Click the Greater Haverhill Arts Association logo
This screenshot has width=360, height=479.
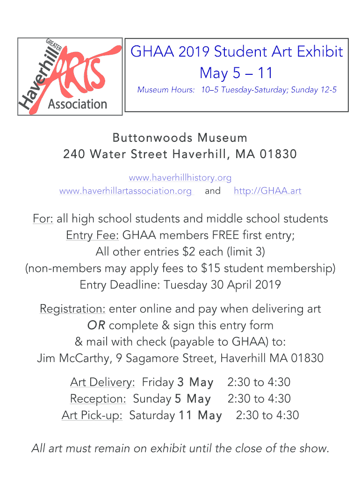click(x=70, y=76)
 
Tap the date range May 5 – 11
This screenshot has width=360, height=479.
click(x=236, y=73)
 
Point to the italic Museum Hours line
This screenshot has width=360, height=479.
click(x=237, y=90)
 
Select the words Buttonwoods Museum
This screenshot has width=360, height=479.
click(x=180, y=138)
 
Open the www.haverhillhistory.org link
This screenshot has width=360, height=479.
click(x=180, y=178)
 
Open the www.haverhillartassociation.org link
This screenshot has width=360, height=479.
click(x=125, y=191)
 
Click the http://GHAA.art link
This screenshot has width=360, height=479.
click(x=267, y=191)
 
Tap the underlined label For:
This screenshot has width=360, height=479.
click(x=43, y=218)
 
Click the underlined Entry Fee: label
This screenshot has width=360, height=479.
click(x=93, y=235)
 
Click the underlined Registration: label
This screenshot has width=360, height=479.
click(x=72, y=309)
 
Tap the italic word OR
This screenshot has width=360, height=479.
click(x=96, y=326)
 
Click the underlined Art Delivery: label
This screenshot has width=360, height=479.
click(x=102, y=382)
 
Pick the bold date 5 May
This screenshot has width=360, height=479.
click(x=193, y=399)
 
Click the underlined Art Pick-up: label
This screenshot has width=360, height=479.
click(x=92, y=415)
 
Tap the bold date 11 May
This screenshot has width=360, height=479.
click(x=200, y=415)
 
